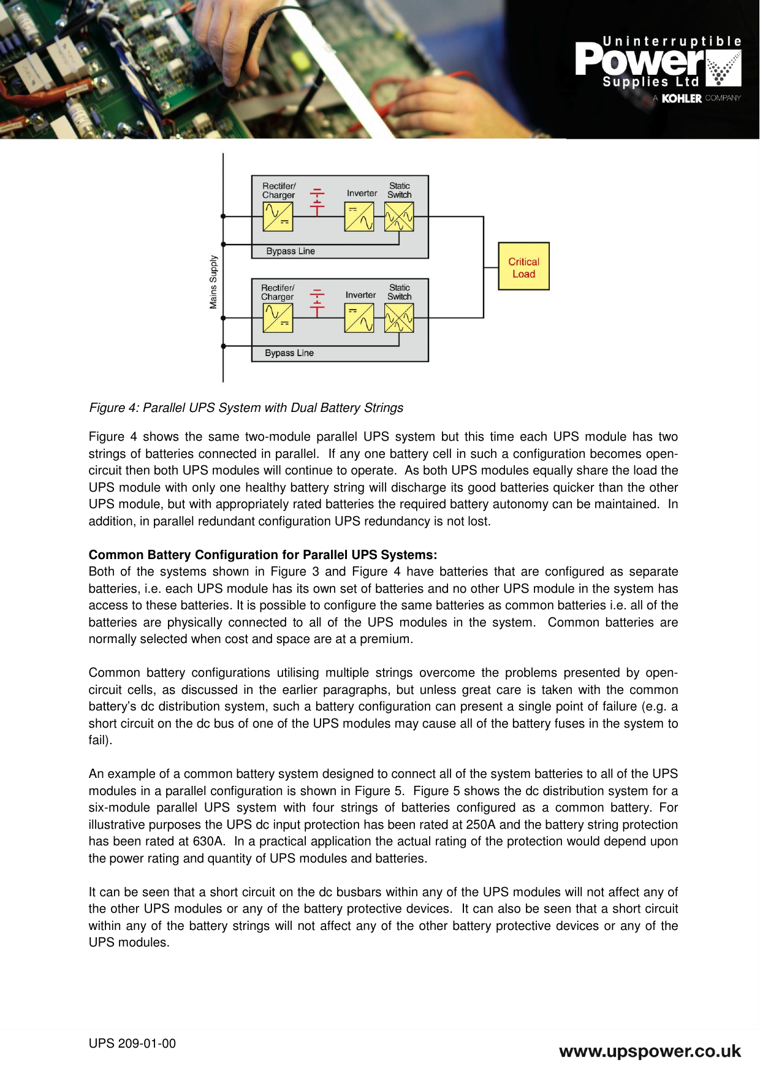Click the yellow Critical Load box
(523, 267)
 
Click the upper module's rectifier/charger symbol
(278, 216)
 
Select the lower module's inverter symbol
(359, 318)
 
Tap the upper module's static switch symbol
(399, 216)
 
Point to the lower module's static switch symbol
(399, 318)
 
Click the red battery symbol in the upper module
(317, 202)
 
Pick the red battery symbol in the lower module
(317, 303)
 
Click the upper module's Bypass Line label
(291, 251)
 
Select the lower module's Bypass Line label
(289, 353)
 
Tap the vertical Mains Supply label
(213, 282)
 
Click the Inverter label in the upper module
(362, 193)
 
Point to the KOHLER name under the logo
(682, 98)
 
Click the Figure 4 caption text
(246, 408)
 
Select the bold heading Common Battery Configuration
(262, 555)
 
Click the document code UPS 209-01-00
(132, 1043)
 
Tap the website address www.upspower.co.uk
(650, 1051)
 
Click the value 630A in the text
(208, 841)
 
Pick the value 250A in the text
(482, 825)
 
